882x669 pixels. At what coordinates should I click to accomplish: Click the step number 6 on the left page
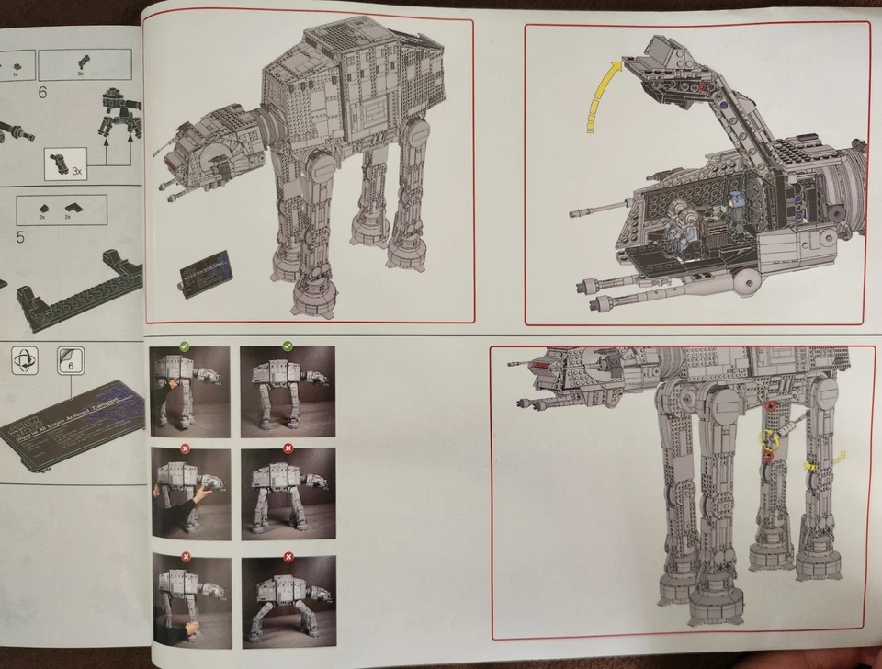pyautogui.click(x=41, y=93)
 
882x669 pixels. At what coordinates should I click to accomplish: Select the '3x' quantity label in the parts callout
pyautogui.click(x=76, y=171)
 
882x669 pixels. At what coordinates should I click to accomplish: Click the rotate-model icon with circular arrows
pyautogui.click(x=27, y=359)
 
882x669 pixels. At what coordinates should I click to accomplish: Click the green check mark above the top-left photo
pyautogui.click(x=184, y=346)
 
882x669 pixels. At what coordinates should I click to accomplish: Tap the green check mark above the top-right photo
pyautogui.click(x=288, y=346)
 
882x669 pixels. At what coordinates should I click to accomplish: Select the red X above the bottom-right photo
pyautogui.click(x=288, y=555)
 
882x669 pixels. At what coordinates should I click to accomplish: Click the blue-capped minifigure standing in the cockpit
pyautogui.click(x=735, y=210)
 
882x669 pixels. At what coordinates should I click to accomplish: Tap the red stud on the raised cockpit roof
pyautogui.click(x=704, y=88)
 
